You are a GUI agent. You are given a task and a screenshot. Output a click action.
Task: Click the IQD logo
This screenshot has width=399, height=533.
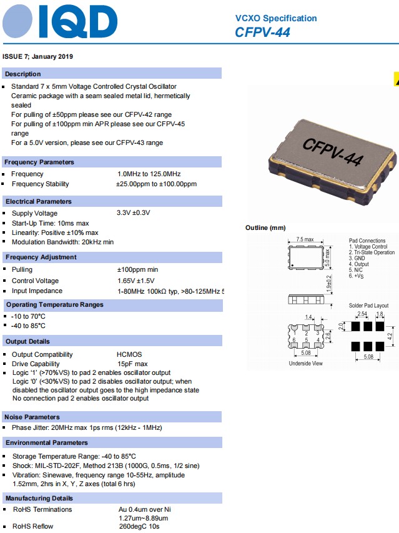[60, 23]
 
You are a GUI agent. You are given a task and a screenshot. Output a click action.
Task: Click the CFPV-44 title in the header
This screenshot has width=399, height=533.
[262, 32]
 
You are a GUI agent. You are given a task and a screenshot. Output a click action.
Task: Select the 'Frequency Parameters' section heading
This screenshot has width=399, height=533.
[40, 162]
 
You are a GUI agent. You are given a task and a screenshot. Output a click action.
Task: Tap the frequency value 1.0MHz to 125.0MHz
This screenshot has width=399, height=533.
[149, 174]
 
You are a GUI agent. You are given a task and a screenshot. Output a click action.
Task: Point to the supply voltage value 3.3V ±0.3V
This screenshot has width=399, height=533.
[134, 213]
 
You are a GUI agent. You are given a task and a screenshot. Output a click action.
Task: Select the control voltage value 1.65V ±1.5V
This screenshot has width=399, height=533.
[136, 281]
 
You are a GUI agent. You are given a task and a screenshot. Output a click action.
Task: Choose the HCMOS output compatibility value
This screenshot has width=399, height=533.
[129, 354]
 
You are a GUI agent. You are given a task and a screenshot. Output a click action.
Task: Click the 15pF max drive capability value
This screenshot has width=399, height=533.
[132, 364]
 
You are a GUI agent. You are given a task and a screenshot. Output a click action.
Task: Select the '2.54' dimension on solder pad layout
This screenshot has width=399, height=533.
[362, 314]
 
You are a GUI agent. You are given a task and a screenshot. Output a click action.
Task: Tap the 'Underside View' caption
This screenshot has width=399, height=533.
[305, 363]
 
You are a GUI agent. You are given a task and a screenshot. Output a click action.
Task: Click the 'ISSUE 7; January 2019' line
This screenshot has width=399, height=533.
[38, 57]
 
